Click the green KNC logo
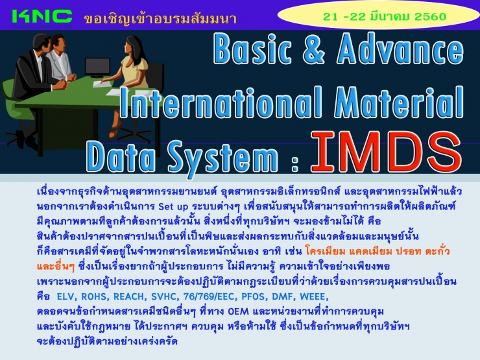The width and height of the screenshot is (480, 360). [x=42, y=16]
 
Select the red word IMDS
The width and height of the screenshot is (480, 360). [x=387, y=152]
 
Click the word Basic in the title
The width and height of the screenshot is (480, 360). [x=252, y=49]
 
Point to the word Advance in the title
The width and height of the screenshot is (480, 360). [x=400, y=49]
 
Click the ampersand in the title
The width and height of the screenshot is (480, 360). [x=313, y=49]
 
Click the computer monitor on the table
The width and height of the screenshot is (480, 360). [x=97, y=67]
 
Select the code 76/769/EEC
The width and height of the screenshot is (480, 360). [x=210, y=296]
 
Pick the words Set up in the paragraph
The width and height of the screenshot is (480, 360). [x=173, y=207]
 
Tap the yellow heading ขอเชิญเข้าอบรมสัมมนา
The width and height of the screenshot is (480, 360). [x=160, y=19]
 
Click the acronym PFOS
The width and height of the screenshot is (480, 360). [x=254, y=296]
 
